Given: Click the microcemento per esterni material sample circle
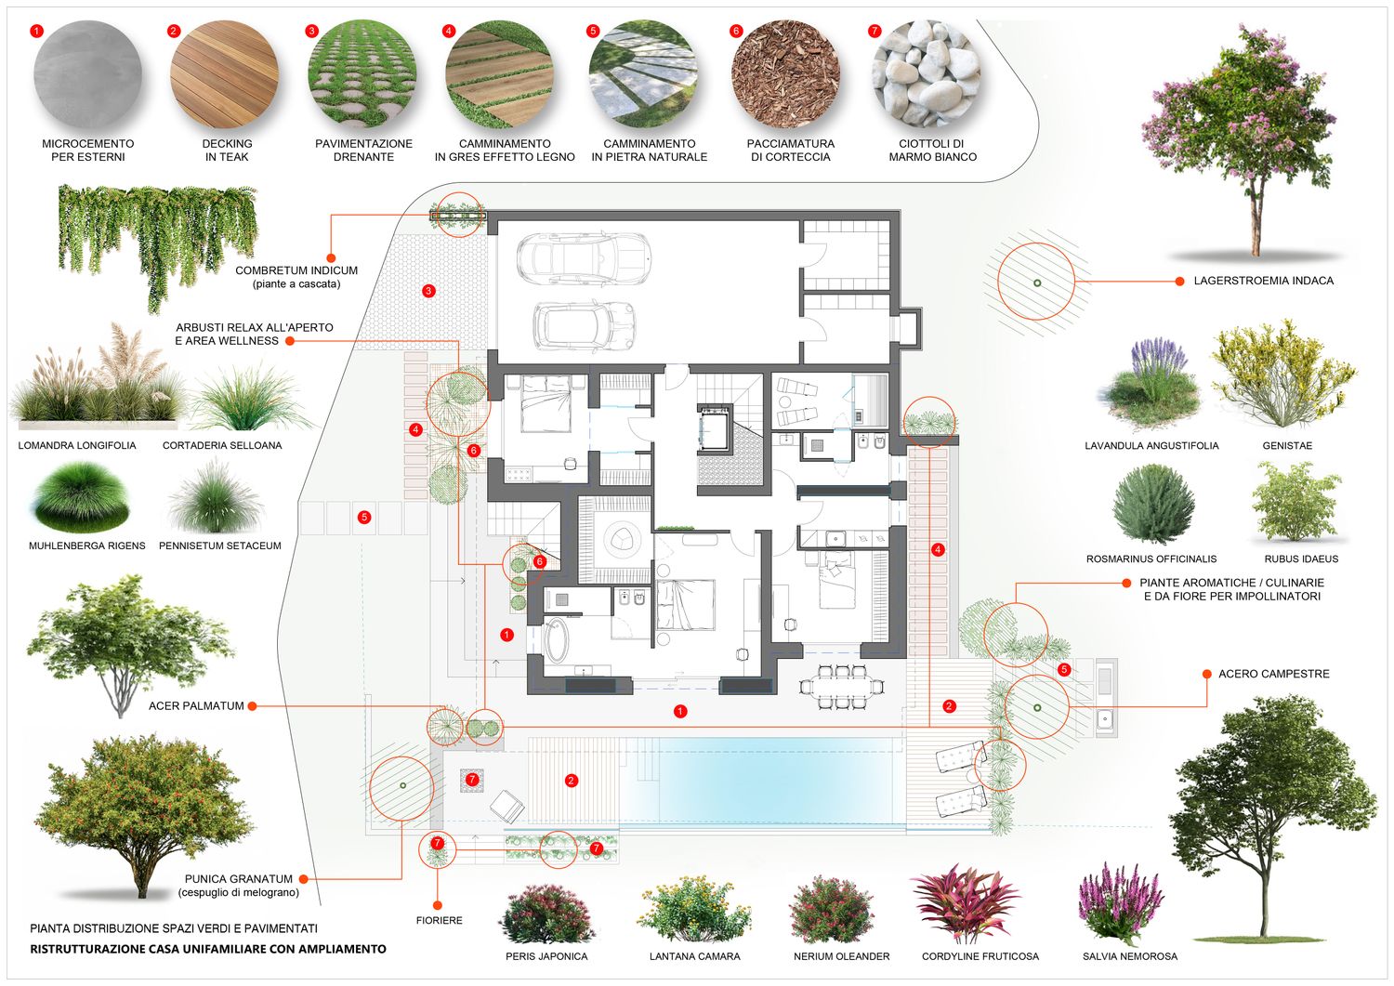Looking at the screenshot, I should coord(87,74).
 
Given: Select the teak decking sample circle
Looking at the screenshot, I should coord(225,74).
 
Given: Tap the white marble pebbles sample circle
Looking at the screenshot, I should coord(926,74).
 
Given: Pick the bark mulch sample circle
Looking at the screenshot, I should coord(785,74).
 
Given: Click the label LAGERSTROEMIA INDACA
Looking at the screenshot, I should coord(1263,281).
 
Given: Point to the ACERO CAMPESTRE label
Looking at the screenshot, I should coord(1273,674).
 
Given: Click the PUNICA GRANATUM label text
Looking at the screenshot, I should coord(238,879).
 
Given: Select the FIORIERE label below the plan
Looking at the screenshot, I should coord(439,921).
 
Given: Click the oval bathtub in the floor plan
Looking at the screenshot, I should coord(557,640).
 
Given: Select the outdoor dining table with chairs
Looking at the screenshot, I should coord(842,687).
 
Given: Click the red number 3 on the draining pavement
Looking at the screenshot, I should coord(428,291).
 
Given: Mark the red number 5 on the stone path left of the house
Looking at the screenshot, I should coord(364,518).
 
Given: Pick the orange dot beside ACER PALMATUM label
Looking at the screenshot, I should coord(253,706).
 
